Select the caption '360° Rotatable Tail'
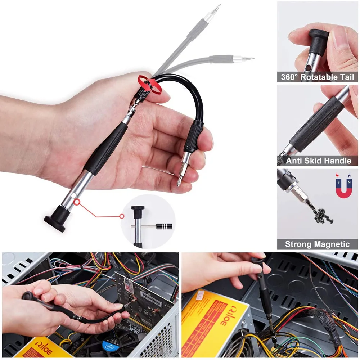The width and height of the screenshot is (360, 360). coord(318,77)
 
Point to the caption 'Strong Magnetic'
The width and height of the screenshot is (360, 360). coord(317,244)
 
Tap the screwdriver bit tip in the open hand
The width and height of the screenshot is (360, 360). coord(179,180)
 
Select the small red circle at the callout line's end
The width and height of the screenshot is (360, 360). coord(122,216)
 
